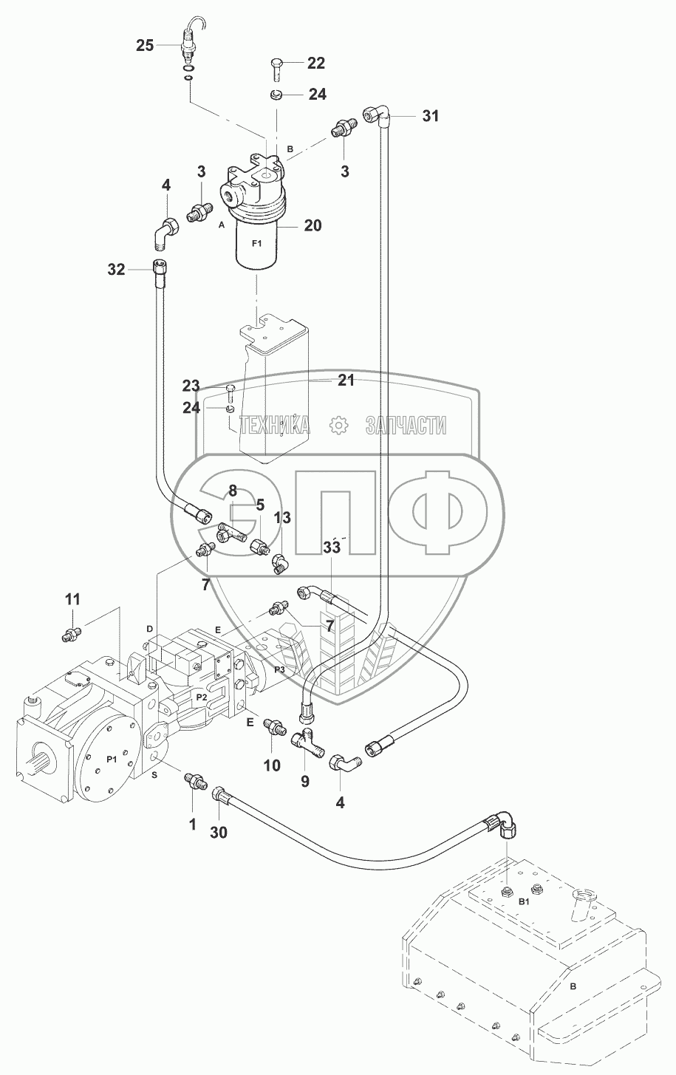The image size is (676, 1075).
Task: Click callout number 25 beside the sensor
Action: coord(145,46)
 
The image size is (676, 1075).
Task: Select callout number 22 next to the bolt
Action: coord(315,64)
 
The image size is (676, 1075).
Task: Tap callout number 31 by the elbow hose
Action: coord(430,115)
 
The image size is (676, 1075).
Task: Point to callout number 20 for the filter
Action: coord(313,225)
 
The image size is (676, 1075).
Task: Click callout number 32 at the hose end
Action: coord(117,270)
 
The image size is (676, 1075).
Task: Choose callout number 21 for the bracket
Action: coord(346,380)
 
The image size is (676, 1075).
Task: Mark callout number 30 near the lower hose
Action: coord(219,832)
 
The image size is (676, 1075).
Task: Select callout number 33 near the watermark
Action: coord(331,548)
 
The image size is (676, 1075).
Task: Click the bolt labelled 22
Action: coord(275,70)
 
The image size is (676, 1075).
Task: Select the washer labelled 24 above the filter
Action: coord(276,95)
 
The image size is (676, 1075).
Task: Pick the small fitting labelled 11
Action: coord(70,633)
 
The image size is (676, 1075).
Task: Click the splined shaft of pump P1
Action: coord(40,757)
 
